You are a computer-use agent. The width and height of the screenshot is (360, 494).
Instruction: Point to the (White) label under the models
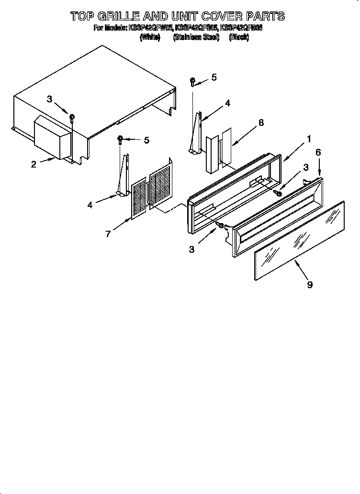(x=150, y=37)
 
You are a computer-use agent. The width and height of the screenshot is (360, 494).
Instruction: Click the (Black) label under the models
(x=239, y=37)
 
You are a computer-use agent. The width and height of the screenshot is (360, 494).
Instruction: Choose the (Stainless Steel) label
(x=196, y=37)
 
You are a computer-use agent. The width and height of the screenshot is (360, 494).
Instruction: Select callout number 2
(x=34, y=165)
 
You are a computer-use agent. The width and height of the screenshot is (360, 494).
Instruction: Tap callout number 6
(x=318, y=152)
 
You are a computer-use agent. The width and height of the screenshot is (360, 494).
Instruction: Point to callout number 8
(x=261, y=123)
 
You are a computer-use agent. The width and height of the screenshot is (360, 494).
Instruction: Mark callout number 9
(x=310, y=284)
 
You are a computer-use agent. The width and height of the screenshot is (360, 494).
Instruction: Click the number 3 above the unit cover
(x=49, y=99)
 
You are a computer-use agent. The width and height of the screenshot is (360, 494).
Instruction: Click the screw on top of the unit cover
(x=72, y=117)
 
